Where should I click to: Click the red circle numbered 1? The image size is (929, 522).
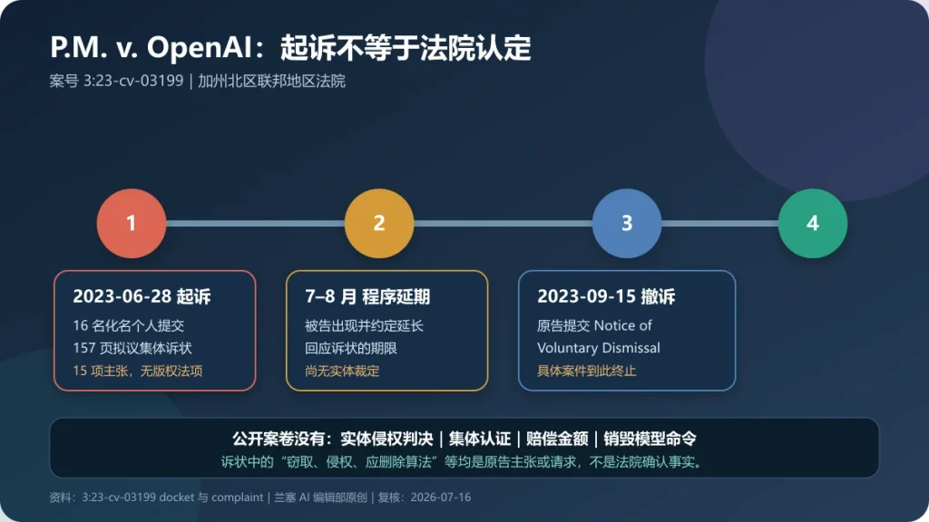[132, 223]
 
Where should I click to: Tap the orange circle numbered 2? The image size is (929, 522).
[379, 223]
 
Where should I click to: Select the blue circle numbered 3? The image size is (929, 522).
[627, 223]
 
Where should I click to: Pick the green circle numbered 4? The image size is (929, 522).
[813, 223]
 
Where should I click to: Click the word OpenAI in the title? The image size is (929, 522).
[200, 48]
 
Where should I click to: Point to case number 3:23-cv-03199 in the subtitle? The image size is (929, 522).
[133, 81]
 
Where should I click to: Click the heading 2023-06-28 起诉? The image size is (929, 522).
[142, 296]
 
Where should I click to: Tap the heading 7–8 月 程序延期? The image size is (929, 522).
[367, 296]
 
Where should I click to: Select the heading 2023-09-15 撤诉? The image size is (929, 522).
[606, 296]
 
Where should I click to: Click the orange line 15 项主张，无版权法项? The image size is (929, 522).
[138, 371]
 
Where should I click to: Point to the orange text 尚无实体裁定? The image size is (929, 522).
[342, 371]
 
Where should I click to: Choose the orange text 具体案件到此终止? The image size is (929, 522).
[587, 371]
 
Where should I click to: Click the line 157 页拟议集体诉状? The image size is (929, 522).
[132, 348]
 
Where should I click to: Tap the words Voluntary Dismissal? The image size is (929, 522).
[599, 348]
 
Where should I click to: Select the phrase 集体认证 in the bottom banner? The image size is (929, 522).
[479, 439]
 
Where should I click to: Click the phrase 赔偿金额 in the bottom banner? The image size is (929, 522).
[557, 439]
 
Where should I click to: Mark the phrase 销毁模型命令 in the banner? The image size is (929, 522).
[650, 439]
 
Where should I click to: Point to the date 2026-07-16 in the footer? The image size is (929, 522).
[441, 498]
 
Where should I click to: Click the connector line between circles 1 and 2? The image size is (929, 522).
[255, 223]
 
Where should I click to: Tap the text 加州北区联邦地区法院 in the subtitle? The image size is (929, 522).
[271, 81]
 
